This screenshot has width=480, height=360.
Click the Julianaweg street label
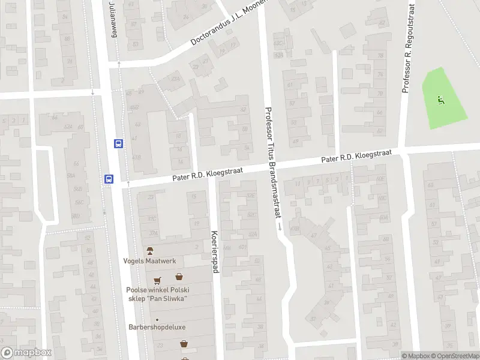pyautogui.click(x=113, y=19)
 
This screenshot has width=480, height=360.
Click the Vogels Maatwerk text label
pyautogui.click(x=149, y=261)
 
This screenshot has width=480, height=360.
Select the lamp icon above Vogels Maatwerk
pyautogui.click(x=150, y=250)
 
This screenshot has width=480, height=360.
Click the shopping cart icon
pyautogui.click(x=157, y=279)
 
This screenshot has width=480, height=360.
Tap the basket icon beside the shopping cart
pyautogui.click(x=179, y=277)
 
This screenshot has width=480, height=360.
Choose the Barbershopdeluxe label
pyautogui.click(x=157, y=327)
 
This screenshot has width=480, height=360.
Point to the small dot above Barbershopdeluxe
pyautogui.click(x=157, y=319)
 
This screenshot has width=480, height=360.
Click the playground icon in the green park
pyautogui.click(x=441, y=100)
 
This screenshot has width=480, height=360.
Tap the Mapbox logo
pyautogui.click(x=26, y=353)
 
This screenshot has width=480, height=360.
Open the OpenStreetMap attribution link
pyautogui.click(x=454, y=356)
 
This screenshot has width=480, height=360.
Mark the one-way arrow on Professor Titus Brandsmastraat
pyautogui.click(x=280, y=226)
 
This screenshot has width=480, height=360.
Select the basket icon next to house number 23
pyautogui.click(x=184, y=344)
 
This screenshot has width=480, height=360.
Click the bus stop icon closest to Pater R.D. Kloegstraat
pyautogui.click(x=109, y=178)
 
